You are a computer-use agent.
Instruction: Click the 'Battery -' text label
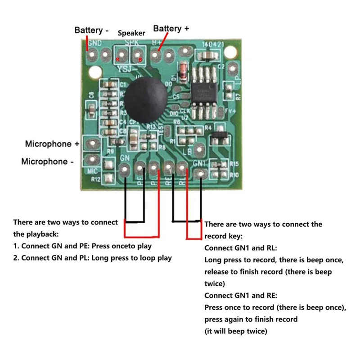click(x=91, y=30)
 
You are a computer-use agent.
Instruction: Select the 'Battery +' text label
click(x=171, y=28)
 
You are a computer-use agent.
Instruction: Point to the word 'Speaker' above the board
click(x=131, y=33)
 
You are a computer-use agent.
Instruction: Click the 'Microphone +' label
click(x=52, y=144)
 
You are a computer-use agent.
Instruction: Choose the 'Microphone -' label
click(x=47, y=162)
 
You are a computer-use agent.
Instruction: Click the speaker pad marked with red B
click(x=137, y=56)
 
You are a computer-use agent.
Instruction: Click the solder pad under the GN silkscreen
click(x=125, y=170)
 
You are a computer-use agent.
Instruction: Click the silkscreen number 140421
click(x=211, y=45)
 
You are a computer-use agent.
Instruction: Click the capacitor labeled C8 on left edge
click(x=92, y=111)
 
